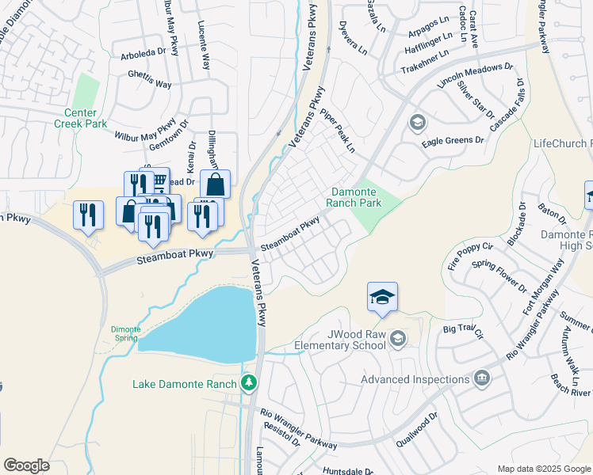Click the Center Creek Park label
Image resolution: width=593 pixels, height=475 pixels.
(x=80, y=118)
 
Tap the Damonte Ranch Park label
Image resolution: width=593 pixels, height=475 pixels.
(x=356, y=198)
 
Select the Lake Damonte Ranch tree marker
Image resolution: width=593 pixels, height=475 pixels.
(x=250, y=384)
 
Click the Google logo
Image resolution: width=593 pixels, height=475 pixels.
(x=26, y=465)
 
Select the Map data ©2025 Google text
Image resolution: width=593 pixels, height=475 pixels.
(x=544, y=469)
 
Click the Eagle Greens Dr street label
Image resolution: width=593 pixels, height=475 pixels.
(x=452, y=140)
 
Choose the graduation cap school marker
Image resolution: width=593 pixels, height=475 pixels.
(x=382, y=297)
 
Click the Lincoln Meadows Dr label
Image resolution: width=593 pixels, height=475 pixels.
(x=475, y=78)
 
